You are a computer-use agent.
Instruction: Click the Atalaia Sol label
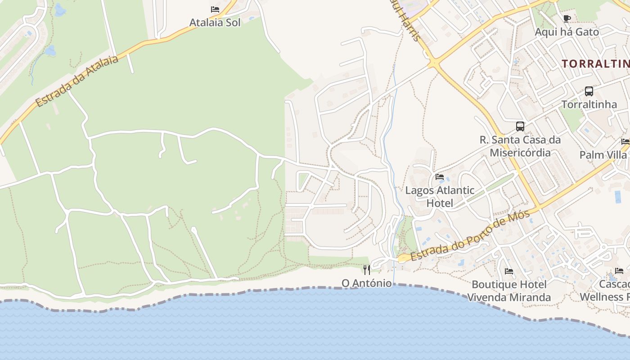(215, 22)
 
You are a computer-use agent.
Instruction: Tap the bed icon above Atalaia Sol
(215, 9)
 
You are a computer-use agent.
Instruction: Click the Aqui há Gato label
(567, 32)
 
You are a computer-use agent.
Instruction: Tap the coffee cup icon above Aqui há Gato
(567, 18)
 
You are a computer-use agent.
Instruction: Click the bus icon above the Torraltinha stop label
(589, 91)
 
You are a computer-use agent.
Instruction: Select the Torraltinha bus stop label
(589, 104)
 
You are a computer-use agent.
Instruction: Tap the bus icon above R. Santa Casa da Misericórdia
(520, 126)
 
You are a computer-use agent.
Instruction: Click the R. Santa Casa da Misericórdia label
(520, 146)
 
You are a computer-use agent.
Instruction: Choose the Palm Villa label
(603, 155)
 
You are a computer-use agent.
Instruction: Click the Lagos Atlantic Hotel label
(440, 197)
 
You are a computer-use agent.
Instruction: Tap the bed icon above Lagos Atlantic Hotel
(440, 176)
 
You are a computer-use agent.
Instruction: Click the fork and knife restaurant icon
(367, 270)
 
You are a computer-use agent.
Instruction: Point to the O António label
(367, 283)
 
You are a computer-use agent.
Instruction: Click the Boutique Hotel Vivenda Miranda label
(509, 291)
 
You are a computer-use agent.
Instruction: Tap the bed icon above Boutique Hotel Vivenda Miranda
(509, 271)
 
